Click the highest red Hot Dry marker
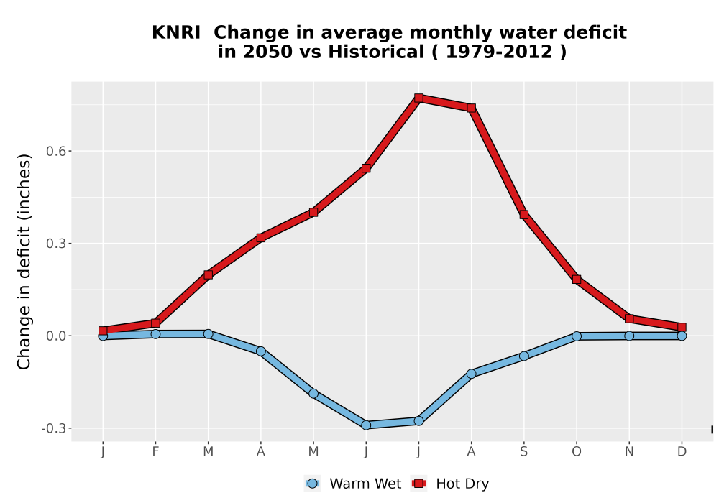418,98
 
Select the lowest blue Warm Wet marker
366,425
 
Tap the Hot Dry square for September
524,214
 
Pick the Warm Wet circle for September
524,356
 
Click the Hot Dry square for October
577,280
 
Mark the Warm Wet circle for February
155,334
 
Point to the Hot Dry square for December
682,328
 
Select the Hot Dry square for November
629,318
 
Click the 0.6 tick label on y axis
55,151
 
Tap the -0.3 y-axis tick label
54,429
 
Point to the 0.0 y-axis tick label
55,336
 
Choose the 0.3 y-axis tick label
55,244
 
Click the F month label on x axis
155,452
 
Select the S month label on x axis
524,452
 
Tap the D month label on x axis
682,452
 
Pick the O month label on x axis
577,452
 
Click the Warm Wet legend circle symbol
312,484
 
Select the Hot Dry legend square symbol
418,484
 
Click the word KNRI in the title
176,33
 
